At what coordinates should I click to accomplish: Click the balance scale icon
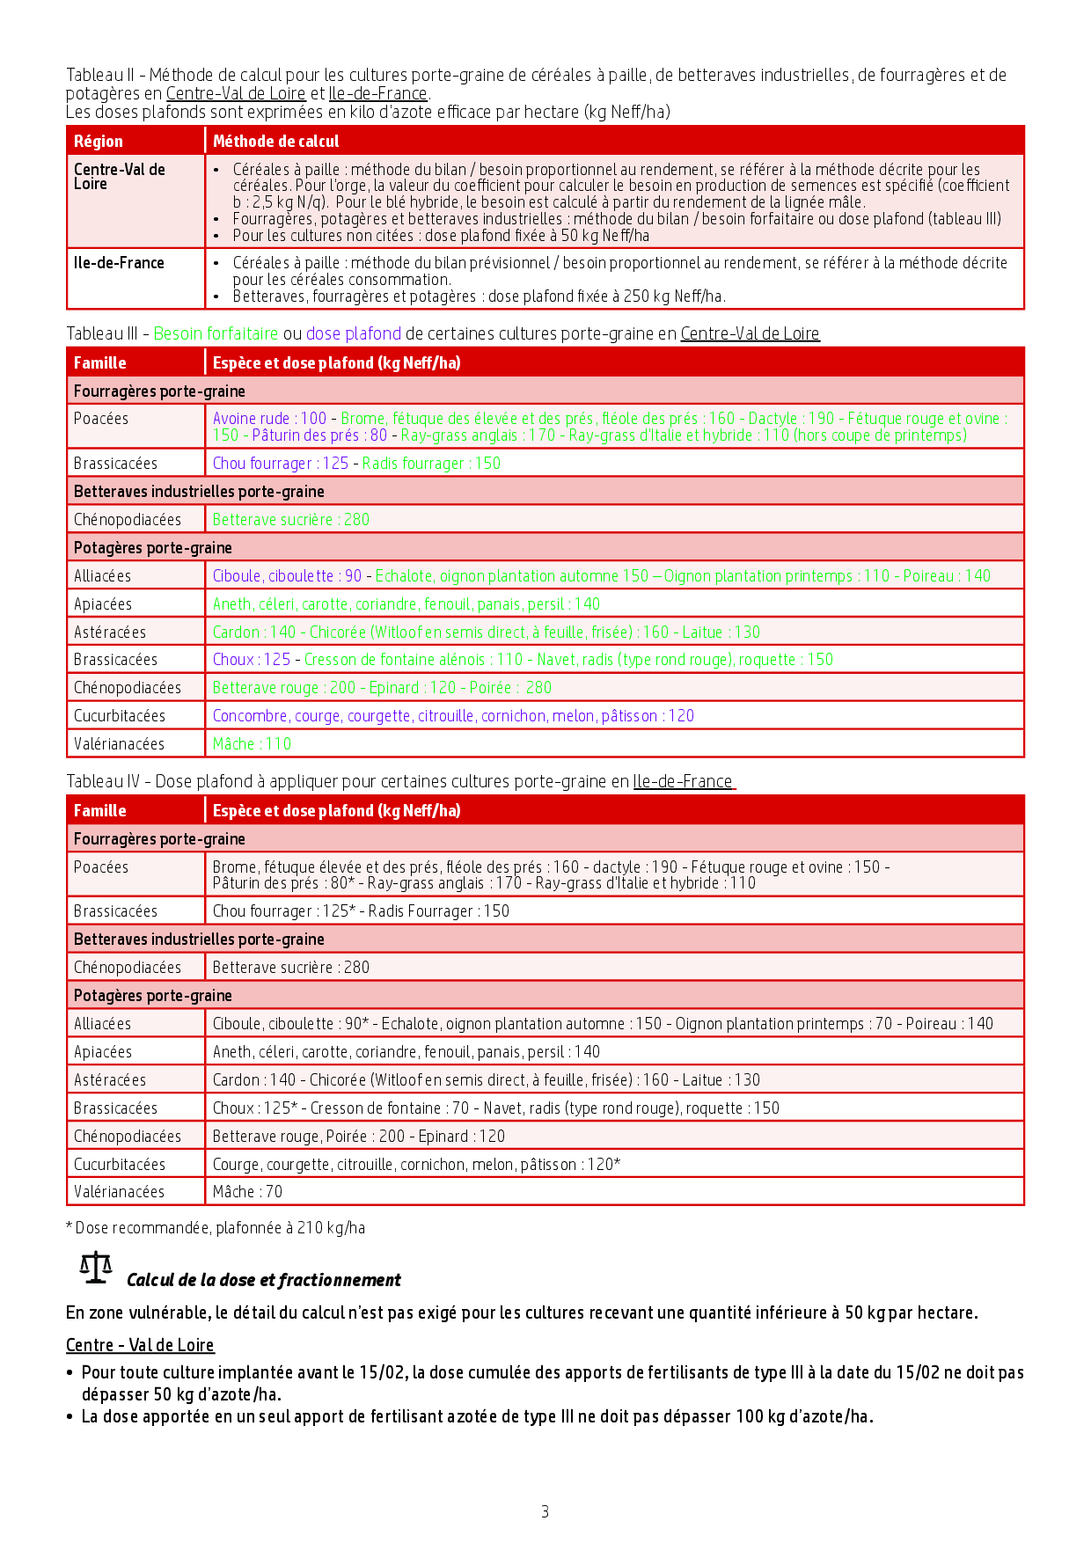click(95, 1269)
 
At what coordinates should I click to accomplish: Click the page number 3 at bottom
click(545, 1511)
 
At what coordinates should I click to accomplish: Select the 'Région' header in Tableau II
click(99, 141)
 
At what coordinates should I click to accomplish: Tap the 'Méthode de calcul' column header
click(275, 141)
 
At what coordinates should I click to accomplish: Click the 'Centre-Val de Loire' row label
click(119, 176)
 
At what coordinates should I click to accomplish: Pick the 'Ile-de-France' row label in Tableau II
click(119, 262)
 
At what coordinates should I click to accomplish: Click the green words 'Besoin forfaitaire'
click(216, 333)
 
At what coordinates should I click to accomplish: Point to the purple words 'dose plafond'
click(353, 333)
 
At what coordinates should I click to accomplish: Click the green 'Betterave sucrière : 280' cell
click(291, 519)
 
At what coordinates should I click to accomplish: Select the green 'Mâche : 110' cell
click(252, 743)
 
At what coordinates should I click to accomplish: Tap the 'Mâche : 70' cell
click(247, 1191)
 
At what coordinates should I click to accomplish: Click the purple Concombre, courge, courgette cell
click(453, 715)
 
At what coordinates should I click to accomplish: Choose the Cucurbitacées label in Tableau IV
click(119, 1164)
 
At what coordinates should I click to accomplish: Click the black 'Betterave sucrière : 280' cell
click(291, 967)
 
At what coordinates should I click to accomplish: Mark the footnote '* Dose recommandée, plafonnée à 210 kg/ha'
click(216, 1227)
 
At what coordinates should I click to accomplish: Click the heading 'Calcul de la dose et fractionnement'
click(264, 1280)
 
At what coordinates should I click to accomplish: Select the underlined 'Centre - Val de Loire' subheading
click(140, 1345)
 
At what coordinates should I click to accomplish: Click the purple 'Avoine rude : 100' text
click(269, 419)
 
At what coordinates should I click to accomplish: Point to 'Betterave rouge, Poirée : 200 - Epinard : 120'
click(359, 1136)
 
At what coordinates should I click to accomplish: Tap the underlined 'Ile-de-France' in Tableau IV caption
click(683, 781)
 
